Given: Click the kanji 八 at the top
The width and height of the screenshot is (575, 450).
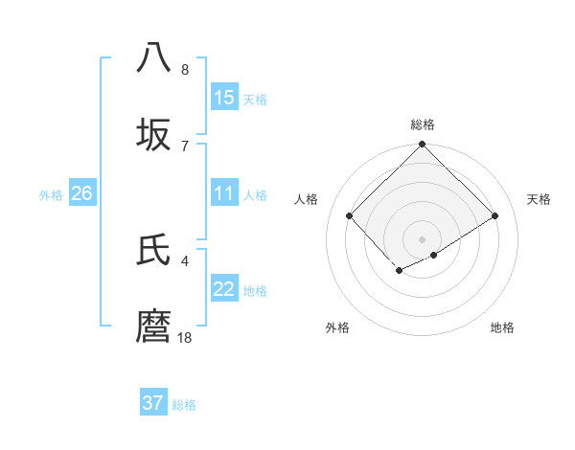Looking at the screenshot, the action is point(154,58).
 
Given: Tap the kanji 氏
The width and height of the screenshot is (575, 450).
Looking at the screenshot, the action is point(154,250).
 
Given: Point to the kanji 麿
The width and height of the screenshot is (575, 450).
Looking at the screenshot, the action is point(154,326).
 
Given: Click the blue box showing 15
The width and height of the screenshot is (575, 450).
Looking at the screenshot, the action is point(224,97).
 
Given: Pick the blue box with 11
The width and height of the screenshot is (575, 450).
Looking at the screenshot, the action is point(224,193).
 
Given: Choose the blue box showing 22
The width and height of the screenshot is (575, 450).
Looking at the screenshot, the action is point(224,289).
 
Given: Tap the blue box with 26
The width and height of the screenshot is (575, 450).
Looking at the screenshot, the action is point(81,193).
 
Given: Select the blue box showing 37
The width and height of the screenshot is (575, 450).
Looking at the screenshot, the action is point(153,403).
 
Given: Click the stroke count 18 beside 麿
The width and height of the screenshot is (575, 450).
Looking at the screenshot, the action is point(185,337).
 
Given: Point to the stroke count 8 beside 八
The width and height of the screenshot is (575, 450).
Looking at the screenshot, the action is point(185,69).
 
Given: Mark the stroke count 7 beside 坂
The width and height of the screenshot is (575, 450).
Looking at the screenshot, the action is point(185,146).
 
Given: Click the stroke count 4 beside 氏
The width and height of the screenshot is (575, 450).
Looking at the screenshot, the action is point(185,260).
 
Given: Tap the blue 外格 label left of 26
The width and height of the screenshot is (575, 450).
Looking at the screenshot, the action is point(51,195).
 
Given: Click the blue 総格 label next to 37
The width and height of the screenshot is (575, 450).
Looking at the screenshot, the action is point(184,405).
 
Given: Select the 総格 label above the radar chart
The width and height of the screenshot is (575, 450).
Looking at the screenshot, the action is point(423,124).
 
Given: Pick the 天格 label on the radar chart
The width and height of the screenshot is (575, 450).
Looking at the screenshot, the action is point(539,199).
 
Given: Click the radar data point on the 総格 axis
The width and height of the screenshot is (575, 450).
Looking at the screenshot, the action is point(423,146).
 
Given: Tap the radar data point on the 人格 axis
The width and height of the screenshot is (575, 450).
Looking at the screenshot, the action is point(350,215).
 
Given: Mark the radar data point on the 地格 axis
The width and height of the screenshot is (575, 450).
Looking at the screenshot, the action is point(434,255).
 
